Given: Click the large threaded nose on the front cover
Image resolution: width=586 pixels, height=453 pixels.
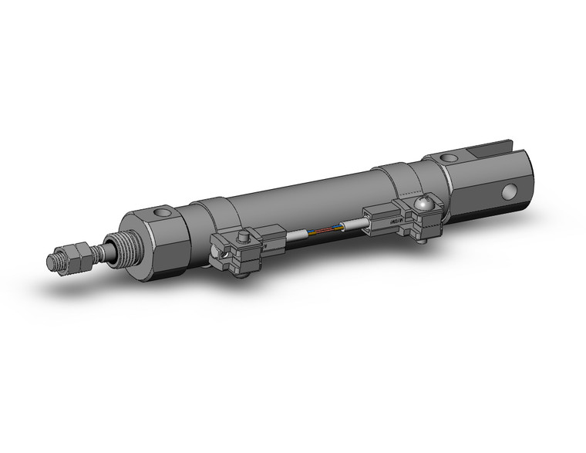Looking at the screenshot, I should coord(116,250).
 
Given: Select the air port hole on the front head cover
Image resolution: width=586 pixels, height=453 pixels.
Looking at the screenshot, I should coord(160,212).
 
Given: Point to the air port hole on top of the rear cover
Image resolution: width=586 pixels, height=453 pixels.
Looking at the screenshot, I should coord(447,159).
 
